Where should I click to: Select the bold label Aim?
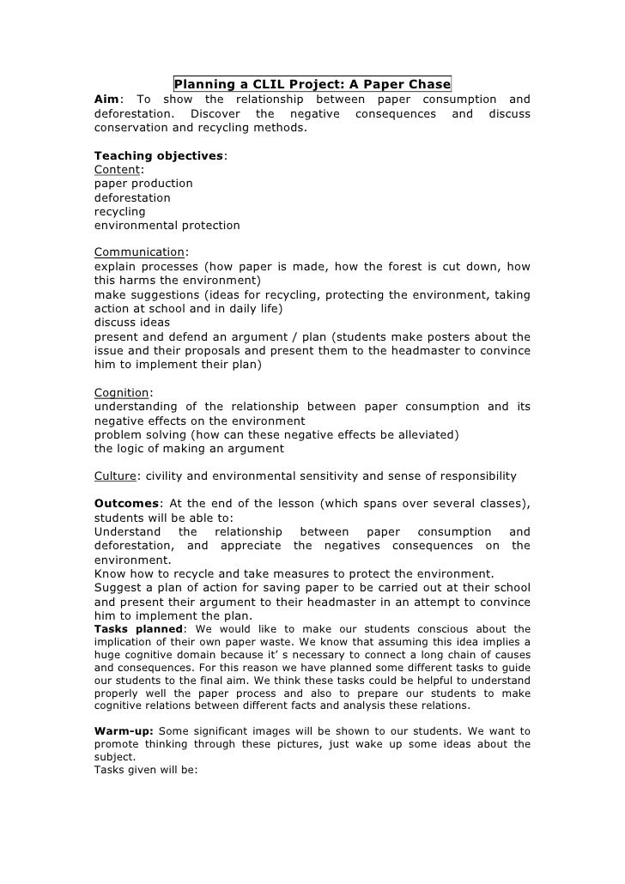tap(106, 99)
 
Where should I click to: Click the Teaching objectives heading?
tap(159, 155)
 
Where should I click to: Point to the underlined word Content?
tap(117, 169)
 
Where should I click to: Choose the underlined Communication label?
tap(139, 252)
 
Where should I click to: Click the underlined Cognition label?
tap(121, 392)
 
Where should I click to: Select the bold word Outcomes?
tap(126, 503)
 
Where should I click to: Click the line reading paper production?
tap(143, 184)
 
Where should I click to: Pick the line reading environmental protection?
tap(167, 225)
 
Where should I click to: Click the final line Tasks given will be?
tap(146, 770)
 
